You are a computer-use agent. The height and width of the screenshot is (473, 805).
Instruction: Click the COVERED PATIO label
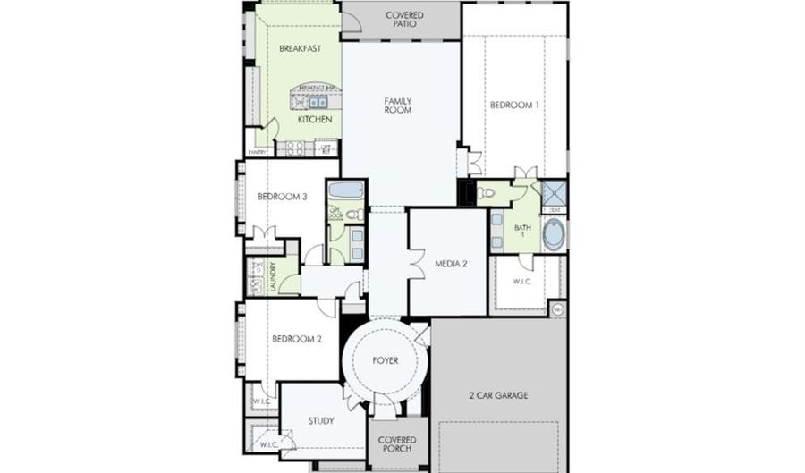point(404,21)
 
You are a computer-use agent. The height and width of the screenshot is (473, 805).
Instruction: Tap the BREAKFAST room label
point(300,48)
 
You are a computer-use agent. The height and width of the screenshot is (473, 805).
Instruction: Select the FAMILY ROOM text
point(398,106)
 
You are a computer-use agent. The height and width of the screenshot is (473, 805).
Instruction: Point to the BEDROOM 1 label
point(514,106)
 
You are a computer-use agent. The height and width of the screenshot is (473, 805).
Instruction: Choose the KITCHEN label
point(315,119)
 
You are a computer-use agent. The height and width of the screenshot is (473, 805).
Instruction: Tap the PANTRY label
point(257,153)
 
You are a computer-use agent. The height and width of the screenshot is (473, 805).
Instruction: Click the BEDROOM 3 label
point(283,196)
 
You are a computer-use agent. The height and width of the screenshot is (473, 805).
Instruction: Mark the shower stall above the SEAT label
point(554,193)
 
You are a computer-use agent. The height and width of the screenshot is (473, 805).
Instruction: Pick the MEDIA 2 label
point(452,264)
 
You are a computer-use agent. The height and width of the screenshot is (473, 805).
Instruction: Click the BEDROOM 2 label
point(292,339)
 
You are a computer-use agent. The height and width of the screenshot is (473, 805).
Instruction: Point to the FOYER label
point(386,360)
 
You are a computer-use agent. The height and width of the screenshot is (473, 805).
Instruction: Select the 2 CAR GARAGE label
point(498,394)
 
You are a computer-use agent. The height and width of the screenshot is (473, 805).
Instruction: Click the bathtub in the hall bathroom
point(346,190)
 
